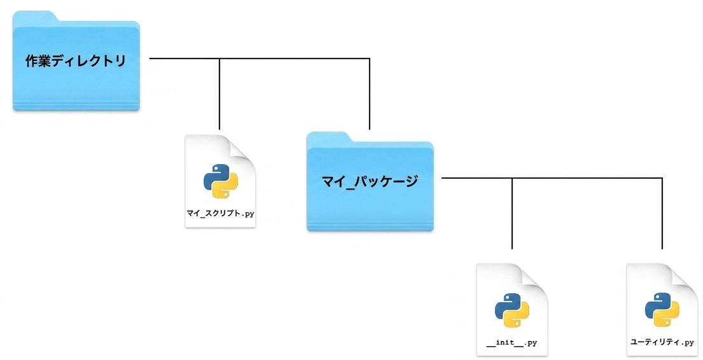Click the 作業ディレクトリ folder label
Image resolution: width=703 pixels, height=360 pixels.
[75, 60]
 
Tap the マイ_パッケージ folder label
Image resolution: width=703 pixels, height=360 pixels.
[370, 181]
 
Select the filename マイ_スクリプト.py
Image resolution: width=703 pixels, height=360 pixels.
[221, 214]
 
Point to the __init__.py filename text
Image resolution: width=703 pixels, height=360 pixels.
[512, 343]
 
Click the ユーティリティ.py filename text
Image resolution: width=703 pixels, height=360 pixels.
[662, 342]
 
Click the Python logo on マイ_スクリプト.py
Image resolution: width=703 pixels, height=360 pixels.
[221, 181]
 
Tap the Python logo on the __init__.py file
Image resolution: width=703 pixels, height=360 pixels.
[512, 310]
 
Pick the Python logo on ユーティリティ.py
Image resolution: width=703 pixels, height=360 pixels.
[662, 310]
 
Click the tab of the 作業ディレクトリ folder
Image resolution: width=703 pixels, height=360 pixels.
[36, 16]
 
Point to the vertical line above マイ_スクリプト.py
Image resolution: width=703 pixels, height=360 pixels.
[219, 93]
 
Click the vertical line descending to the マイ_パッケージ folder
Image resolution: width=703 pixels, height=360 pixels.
[370, 93]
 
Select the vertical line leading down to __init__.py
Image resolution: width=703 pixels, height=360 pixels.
[512, 214]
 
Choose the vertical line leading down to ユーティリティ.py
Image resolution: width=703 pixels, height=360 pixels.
[662, 214]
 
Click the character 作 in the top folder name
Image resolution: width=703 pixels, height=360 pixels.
[32, 60]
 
